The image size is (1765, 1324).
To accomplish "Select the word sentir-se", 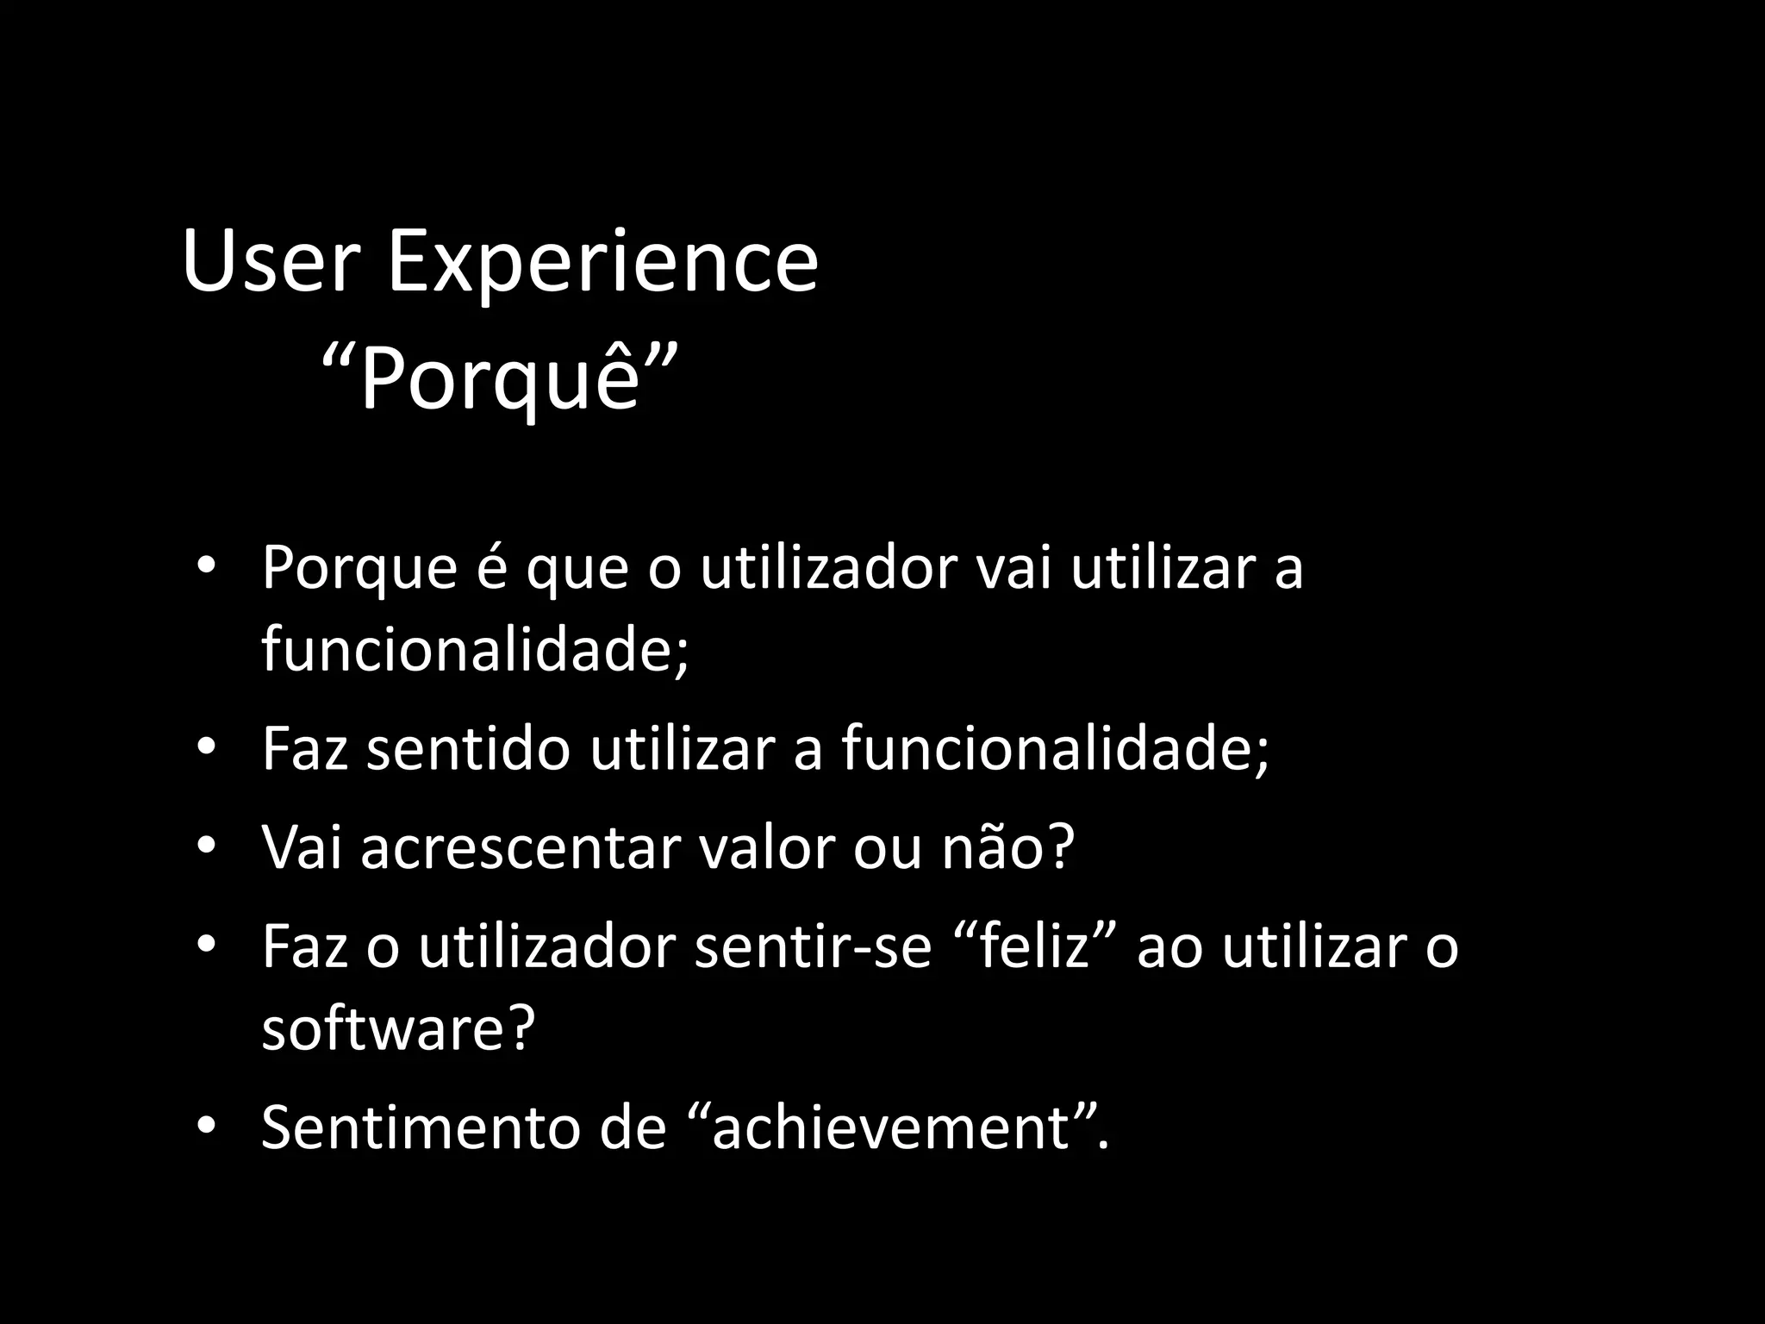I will tap(813, 947).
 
